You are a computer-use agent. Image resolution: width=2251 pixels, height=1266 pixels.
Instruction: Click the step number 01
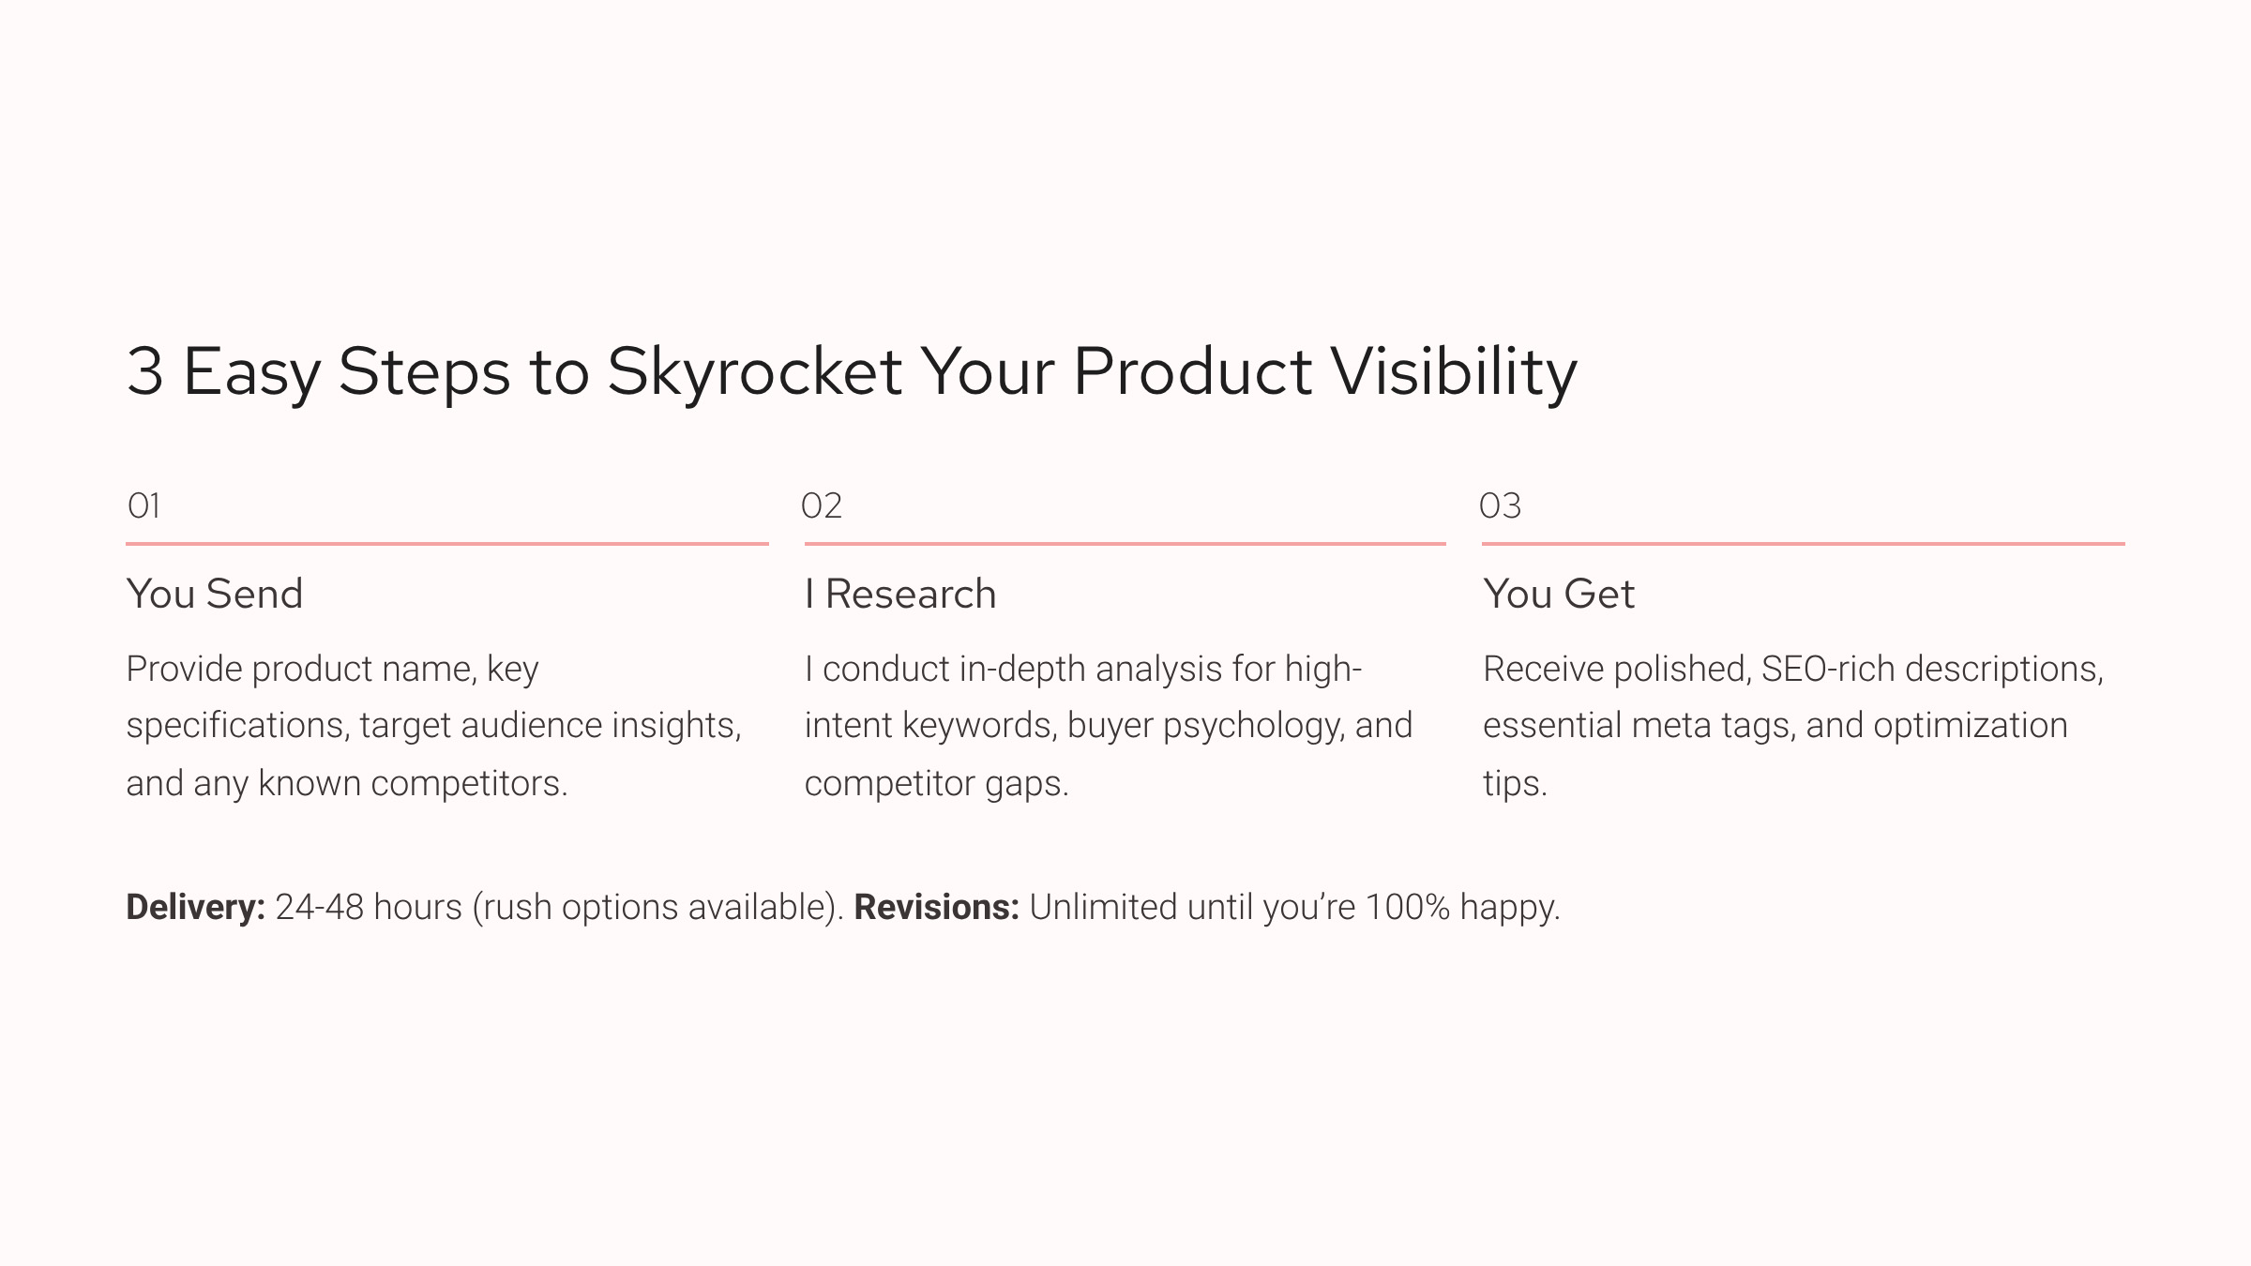[144, 506]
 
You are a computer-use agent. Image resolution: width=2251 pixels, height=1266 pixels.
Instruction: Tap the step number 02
[822, 506]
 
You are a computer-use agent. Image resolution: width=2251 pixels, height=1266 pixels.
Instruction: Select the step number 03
[1500, 506]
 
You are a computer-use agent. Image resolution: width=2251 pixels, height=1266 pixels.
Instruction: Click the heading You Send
[215, 594]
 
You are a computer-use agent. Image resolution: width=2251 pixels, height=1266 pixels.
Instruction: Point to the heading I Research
[900, 594]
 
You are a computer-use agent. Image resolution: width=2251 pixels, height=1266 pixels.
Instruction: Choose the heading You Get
[1559, 594]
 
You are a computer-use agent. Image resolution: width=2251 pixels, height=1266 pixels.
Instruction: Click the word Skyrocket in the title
[755, 372]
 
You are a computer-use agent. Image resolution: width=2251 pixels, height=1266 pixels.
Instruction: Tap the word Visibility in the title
[1455, 372]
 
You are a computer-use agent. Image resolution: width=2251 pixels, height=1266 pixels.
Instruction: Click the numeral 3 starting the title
[145, 371]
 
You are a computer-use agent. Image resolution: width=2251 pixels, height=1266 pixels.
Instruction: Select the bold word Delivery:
[196, 907]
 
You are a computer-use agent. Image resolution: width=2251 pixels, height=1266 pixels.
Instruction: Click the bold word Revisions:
[936, 907]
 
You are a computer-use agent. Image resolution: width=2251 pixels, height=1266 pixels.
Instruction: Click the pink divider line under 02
[1125, 543]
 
